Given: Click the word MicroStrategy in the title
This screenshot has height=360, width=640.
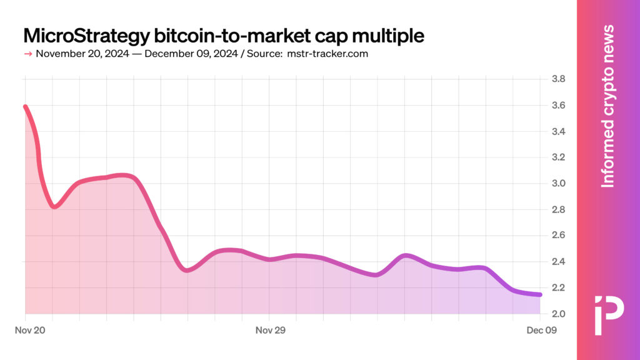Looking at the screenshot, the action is pyautogui.click(x=86, y=36).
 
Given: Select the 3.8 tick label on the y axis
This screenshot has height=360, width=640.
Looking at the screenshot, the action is pyautogui.click(x=558, y=79).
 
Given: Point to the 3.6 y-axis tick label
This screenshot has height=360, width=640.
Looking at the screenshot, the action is pyautogui.click(x=558, y=105).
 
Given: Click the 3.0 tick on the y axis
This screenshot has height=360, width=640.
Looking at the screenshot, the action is pyautogui.click(x=558, y=183).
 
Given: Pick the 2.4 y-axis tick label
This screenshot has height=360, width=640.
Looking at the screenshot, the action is pyautogui.click(x=558, y=262).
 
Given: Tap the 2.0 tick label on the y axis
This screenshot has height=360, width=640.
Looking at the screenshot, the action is pyautogui.click(x=558, y=314).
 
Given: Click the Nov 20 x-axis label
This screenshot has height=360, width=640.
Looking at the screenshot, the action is pyautogui.click(x=30, y=330).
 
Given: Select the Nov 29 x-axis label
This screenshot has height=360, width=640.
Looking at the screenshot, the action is pyautogui.click(x=270, y=330).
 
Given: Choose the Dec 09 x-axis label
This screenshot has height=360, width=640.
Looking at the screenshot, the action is pyautogui.click(x=542, y=330).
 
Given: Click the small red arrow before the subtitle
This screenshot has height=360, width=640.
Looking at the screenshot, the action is pyautogui.click(x=27, y=54).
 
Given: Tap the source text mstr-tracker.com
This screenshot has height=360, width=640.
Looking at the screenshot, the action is pyautogui.click(x=327, y=54).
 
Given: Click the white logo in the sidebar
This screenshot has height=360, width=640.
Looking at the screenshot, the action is pyautogui.click(x=609, y=315).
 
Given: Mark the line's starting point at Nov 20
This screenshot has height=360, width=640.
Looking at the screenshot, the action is pyautogui.click(x=25, y=107).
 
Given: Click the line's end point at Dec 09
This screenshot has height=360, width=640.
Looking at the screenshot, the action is pyautogui.click(x=540, y=294).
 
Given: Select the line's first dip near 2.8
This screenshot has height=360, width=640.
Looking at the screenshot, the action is pyautogui.click(x=54, y=206).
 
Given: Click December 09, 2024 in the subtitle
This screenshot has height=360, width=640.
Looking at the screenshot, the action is pyautogui.click(x=191, y=54).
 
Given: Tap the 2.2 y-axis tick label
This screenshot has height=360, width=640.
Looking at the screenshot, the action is pyautogui.click(x=558, y=287).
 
